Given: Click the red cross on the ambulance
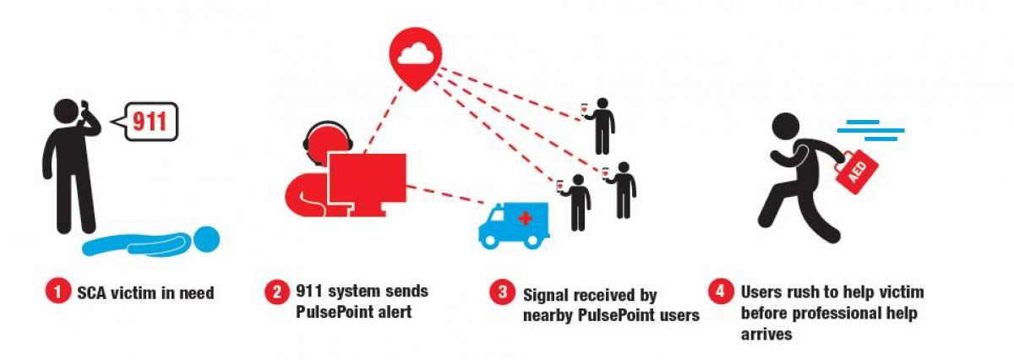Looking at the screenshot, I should (x=525, y=219).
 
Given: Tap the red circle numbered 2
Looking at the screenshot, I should (x=275, y=294).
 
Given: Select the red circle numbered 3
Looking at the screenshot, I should (x=502, y=294).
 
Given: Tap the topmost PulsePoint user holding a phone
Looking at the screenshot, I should (x=601, y=123).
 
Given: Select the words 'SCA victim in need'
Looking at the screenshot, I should (x=145, y=294).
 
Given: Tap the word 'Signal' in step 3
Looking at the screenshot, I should (x=546, y=296).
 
